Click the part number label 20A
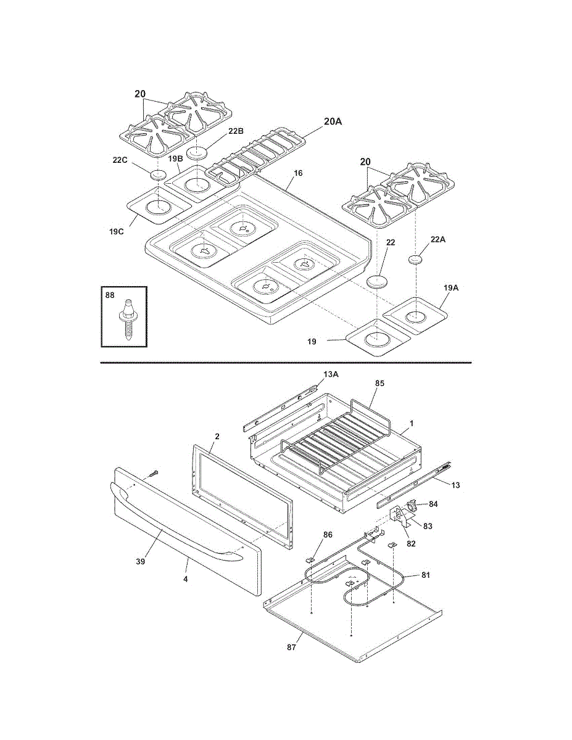(x=333, y=121)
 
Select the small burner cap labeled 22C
(x=159, y=175)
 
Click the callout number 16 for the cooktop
(x=298, y=173)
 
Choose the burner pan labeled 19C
(x=159, y=205)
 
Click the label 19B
(x=175, y=158)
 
